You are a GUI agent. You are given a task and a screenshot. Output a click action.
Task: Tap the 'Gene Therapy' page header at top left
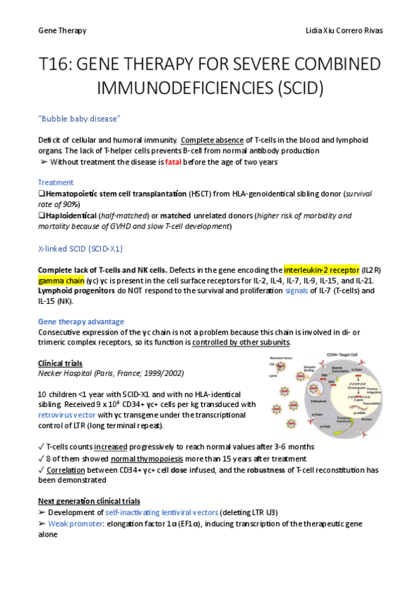pos(62,31)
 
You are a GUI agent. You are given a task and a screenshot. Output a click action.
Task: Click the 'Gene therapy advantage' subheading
pos(81,321)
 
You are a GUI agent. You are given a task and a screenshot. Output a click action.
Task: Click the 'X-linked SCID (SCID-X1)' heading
pos(83,248)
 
